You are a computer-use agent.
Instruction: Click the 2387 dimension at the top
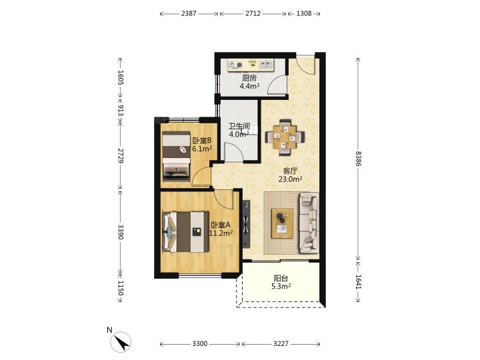point(189,13)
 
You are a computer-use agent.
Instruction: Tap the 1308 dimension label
point(304,13)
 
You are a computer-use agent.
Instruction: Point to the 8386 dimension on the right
point(358,159)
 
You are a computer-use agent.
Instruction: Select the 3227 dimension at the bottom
point(281,344)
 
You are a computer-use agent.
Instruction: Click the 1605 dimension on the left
point(120,77)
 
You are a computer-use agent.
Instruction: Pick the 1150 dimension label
point(120,288)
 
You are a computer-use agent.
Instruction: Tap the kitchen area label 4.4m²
point(249,86)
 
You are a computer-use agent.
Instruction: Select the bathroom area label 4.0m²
point(239,134)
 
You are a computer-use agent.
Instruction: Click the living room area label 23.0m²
point(290,179)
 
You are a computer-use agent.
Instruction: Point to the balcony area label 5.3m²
point(281,287)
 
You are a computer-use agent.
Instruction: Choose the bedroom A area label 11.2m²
point(221,233)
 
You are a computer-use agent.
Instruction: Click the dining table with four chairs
point(285,137)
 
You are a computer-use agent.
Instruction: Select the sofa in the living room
point(309,223)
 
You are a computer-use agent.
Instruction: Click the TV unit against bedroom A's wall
point(246,224)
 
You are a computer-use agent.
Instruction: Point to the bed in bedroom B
point(176,156)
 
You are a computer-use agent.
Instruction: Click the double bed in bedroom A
point(185,232)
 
